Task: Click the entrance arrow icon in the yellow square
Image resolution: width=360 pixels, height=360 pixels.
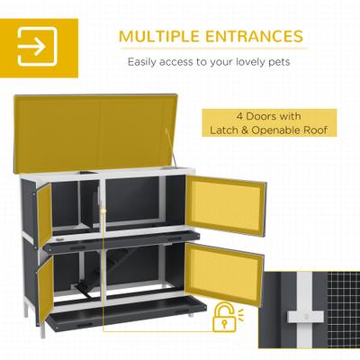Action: pos(37,45)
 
